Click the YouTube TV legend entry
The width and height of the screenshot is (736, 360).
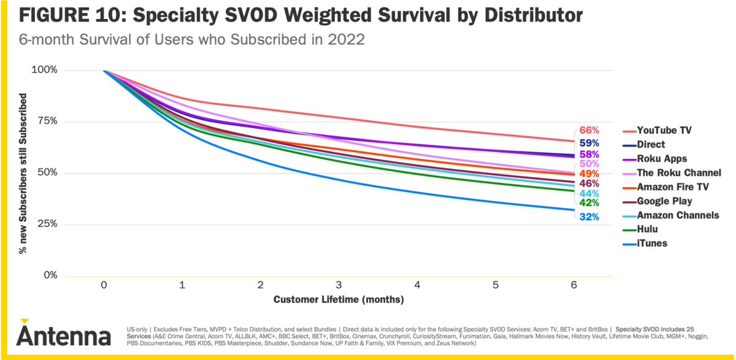point(664,131)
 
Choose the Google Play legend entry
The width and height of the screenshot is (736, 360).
point(664,201)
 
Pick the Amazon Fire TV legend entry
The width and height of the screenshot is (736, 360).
point(672,187)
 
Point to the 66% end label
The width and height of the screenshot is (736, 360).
point(589,131)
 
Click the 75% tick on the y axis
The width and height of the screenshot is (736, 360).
point(45,121)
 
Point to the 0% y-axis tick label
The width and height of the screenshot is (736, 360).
point(47,275)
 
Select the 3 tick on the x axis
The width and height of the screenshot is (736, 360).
point(339,285)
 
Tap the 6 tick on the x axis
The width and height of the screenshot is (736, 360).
point(573,285)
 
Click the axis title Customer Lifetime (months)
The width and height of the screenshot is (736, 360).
point(339,300)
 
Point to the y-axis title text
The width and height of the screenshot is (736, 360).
point(23,174)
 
